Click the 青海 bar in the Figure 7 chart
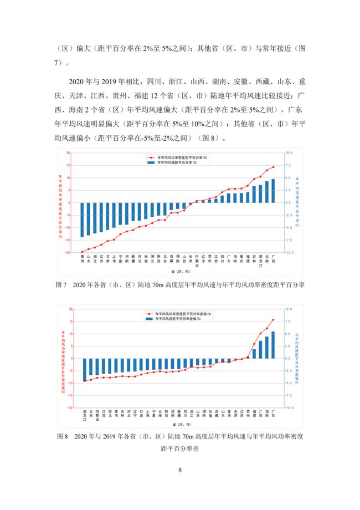click(83, 220)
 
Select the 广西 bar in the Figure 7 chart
click(273, 191)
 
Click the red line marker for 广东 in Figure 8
click(273, 320)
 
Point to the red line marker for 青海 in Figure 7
click(83, 252)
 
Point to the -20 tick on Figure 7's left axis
click(69, 253)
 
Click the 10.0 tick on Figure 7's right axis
click(289, 153)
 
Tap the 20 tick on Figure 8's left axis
click(70, 309)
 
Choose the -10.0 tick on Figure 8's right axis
click(288, 407)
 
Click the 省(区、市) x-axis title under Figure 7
click(181, 272)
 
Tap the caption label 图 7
click(61, 284)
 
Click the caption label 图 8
click(62, 436)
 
